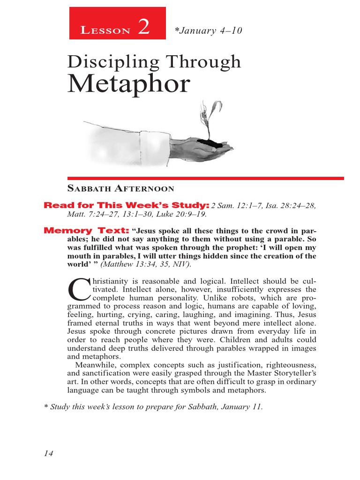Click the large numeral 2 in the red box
pyautogui.click(x=143, y=28)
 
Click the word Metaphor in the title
pyautogui.click(x=129, y=84)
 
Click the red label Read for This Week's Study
pyautogui.click(x=126, y=205)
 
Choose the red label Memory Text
pyautogui.click(x=86, y=231)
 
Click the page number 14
pyautogui.click(x=49, y=453)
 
